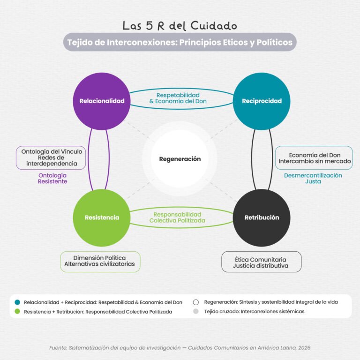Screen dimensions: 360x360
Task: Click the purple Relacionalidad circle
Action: tap(102, 101)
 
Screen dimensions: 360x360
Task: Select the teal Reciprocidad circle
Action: tap(262, 101)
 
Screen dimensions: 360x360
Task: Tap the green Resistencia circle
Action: tap(102, 217)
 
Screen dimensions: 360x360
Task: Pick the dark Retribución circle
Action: tap(262, 217)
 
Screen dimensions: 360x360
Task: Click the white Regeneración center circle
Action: tap(180, 159)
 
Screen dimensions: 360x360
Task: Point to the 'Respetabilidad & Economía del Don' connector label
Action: tap(178, 98)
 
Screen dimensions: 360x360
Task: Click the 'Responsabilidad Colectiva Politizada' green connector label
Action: tap(177, 217)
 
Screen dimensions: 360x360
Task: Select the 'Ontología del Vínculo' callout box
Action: tap(51, 157)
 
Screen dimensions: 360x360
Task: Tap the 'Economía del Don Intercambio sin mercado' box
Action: tap(314, 158)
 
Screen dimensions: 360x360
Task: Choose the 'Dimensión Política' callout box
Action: tap(100, 262)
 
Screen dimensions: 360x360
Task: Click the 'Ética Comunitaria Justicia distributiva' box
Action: tap(261, 262)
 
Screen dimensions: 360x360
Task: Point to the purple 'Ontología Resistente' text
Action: tap(52, 179)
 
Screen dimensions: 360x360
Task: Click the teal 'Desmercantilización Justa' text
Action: tap(313, 179)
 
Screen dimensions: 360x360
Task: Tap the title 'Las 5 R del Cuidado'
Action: tap(180, 25)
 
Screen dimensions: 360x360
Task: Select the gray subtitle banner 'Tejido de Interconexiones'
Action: tap(180, 42)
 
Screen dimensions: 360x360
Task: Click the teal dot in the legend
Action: tap(17, 302)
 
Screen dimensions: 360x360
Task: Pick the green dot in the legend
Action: tap(17, 311)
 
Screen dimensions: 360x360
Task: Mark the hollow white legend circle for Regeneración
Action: tap(196, 302)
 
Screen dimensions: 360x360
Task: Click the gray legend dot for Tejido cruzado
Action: tap(196, 311)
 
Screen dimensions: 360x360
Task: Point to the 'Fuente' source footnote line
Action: tap(180, 348)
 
